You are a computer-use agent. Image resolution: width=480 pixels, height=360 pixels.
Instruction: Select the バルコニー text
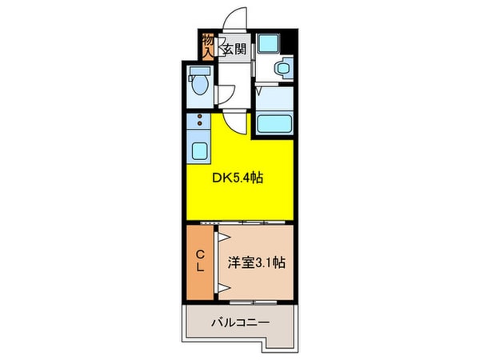pyautogui.click(x=240, y=324)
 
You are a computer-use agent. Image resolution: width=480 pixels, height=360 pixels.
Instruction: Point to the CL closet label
pyautogui.click(x=201, y=262)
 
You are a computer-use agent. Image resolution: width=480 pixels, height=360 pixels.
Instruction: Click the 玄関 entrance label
pyautogui.click(x=233, y=50)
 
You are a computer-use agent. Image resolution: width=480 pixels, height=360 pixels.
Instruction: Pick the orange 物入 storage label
pyautogui.click(x=207, y=44)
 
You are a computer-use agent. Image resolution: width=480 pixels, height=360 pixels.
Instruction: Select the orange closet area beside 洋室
pyautogui.click(x=201, y=262)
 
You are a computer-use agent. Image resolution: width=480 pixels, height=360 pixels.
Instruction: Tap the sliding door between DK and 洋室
pyautogui.click(x=240, y=221)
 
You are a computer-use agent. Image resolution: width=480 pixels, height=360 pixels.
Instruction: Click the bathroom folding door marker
pyautogui.click(x=262, y=94)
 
